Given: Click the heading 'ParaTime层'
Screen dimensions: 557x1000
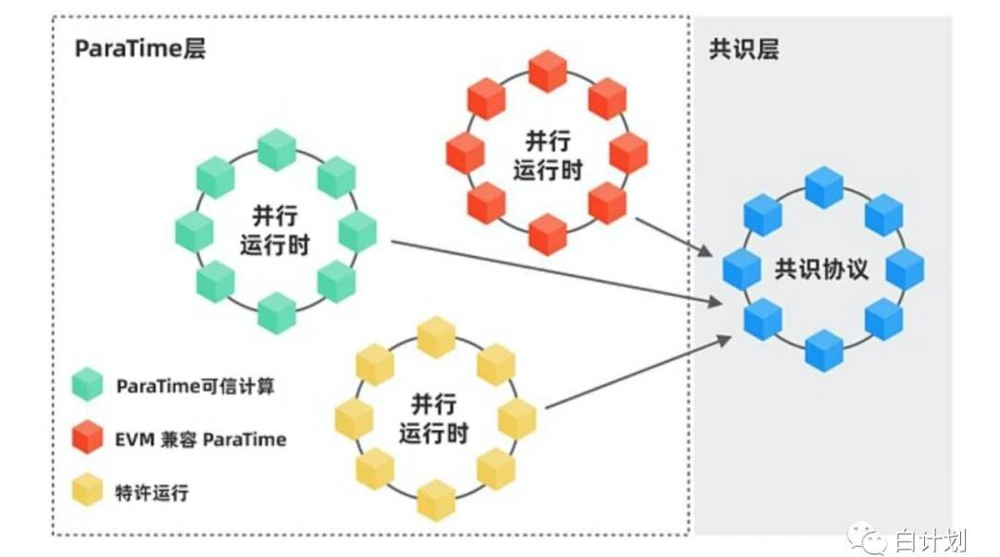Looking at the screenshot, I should (140, 49).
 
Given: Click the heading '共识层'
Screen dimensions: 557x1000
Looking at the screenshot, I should (744, 49).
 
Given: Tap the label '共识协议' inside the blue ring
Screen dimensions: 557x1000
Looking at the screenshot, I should (822, 269).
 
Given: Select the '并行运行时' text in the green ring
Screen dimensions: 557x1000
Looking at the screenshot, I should (275, 230).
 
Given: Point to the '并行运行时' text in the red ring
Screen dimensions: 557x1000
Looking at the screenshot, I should (547, 155).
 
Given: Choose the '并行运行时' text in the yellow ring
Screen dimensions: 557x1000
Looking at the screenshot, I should (435, 418).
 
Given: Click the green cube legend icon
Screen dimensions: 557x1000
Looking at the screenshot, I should (88, 384).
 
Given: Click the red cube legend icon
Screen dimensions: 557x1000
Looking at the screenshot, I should (88, 437).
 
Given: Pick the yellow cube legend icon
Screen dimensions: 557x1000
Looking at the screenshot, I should (88, 490).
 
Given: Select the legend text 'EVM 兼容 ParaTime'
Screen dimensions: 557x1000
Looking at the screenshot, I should (201, 439).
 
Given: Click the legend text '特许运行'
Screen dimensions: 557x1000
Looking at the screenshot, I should (153, 492).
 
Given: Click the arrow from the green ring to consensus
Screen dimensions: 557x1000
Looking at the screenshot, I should (556, 272).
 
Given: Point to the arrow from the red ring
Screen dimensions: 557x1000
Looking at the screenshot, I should (673, 237).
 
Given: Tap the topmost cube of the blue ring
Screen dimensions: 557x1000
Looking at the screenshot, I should (823, 187).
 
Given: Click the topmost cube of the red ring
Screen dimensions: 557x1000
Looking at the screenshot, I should (547, 71).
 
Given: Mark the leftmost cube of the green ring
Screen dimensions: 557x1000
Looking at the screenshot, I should (194, 230).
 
